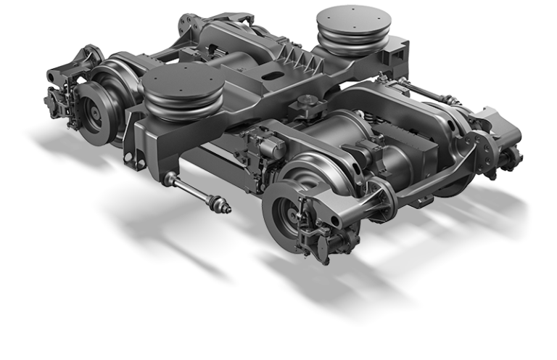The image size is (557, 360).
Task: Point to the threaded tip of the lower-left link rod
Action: (x=226, y=208)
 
